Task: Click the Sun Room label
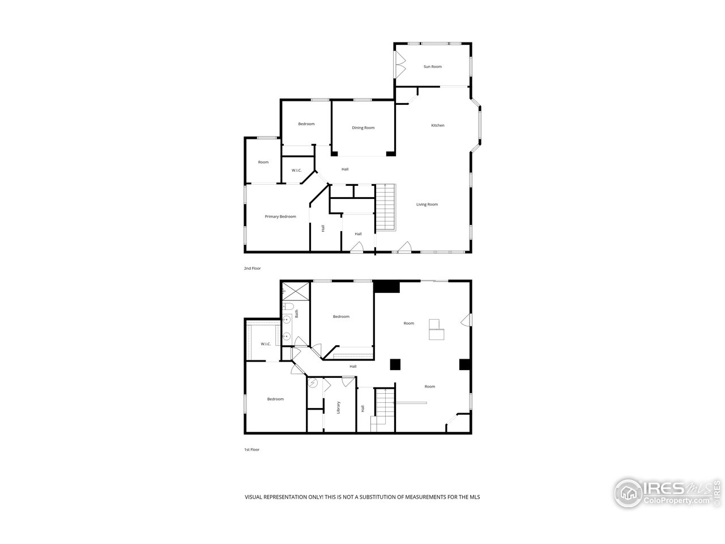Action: pos(432,67)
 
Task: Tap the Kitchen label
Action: pos(437,125)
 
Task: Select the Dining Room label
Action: pos(363,128)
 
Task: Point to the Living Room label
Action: pos(427,205)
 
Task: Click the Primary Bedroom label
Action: pos(280,216)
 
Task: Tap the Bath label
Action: pos(296,312)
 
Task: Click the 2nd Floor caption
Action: pos(252,268)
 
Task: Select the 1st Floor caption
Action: pos(252,449)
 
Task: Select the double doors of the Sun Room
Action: pos(400,65)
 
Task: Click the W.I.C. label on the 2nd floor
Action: pos(296,171)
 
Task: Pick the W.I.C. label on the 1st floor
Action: pos(266,344)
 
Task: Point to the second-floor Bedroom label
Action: pos(306,124)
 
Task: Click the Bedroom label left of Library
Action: pos(275,399)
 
